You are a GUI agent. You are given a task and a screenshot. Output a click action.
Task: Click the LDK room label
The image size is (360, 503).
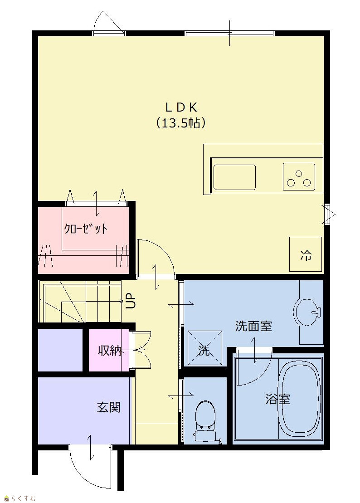click(x=181, y=107)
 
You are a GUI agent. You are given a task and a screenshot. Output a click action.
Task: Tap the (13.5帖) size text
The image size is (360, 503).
click(x=181, y=123)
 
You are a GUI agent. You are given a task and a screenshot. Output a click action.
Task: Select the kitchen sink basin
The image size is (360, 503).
click(x=234, y=177)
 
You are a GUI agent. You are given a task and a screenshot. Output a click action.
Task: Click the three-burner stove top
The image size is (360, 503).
click(x=299, y=177)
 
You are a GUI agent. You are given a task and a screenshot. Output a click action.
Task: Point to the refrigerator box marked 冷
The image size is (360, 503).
click(x=306, y=254)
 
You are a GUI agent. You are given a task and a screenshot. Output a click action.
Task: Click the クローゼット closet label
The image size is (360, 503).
click(x=86, y=229)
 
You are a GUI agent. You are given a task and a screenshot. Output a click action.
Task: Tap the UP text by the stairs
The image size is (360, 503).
click(x=131, y=301)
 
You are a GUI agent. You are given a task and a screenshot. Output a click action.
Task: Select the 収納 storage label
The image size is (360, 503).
click(x=110, y=351)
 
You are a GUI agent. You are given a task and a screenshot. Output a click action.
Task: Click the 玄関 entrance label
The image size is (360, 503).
click(x=109, y=407)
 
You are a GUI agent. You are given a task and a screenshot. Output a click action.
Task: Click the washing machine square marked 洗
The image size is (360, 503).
click(x=205, y=348)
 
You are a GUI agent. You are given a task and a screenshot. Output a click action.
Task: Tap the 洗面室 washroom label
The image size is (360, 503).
click(x=253, y=326)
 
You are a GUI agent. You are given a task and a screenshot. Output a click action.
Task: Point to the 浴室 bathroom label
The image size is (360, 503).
click(x=277, y=399)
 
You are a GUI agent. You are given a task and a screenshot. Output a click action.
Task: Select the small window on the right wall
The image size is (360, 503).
click(x=327, y=214)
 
